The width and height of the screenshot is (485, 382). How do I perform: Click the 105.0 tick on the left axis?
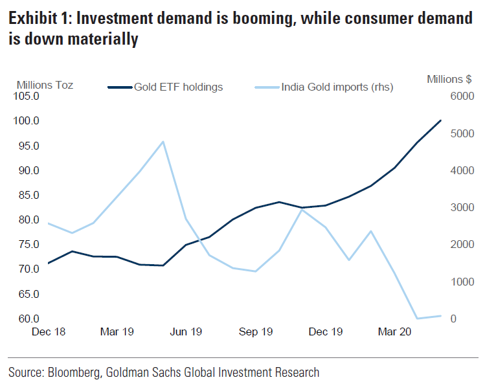pyautogui.click(x=27, y=96)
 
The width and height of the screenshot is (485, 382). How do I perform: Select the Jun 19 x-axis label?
pyautogui.click(x=186, y=332)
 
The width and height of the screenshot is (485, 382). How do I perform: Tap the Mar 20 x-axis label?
pyautogui.click(x=394, y=332)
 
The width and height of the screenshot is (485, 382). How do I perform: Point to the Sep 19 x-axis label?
pyautogui.click(x=256, y=332)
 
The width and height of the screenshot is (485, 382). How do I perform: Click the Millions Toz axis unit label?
pyautogui.click(x=45, y=85)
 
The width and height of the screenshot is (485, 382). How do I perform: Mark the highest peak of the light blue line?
pyautogui.click(x=163, y=141)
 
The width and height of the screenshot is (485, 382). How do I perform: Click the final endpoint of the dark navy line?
pyautogui.click(x=441, y=120)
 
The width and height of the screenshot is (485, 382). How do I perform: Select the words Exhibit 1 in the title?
pyautogui.click(x=38, y=19)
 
